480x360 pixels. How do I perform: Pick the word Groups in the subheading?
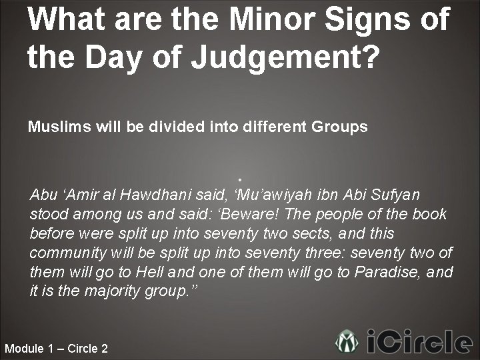click(x=339, y=127)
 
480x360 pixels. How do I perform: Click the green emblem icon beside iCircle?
click(x=347, y=342)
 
